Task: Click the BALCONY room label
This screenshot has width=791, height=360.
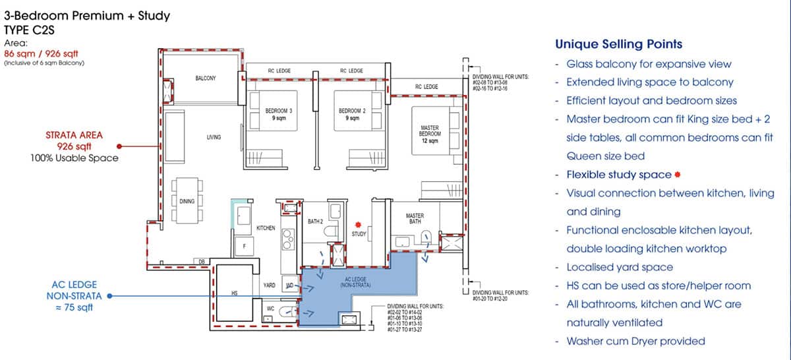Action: (205, 78)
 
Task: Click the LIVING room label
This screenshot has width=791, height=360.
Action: (213, 137)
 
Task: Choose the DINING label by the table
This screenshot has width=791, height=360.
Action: (187, 200)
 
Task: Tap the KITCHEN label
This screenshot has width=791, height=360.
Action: (266, 228)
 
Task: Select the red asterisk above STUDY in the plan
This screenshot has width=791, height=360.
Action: (359, 224)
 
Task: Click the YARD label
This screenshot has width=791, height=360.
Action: (269, 285)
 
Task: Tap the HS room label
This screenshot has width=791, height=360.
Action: (235, 291)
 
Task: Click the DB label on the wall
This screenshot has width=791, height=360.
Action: (202, 262)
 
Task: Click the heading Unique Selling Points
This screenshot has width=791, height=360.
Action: (618, 44)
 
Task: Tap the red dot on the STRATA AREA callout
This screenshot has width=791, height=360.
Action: (119, 146)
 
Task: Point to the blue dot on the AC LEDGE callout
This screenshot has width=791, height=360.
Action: (109, 297)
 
